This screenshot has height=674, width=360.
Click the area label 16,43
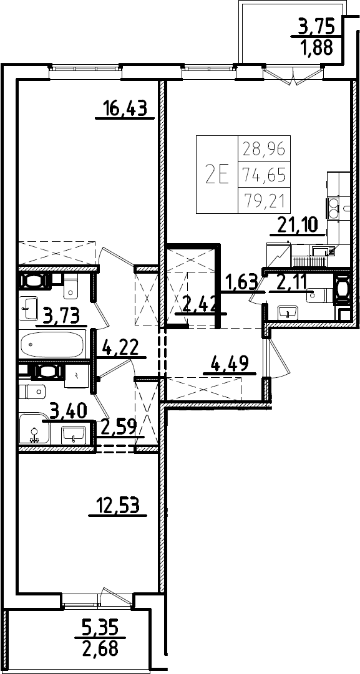[x=125, y=108]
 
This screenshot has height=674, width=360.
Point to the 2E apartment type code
[x=217, y=175]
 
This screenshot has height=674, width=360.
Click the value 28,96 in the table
[x=265, y=150]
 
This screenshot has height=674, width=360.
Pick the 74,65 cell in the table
[x=265, y=175]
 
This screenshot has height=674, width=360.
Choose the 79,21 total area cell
[x=265, y=200]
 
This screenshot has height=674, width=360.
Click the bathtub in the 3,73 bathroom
[x=52, y=344]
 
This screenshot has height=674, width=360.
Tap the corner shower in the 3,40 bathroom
[x=34, y=429]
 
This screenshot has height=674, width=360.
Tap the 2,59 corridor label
[x=119, y=426]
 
